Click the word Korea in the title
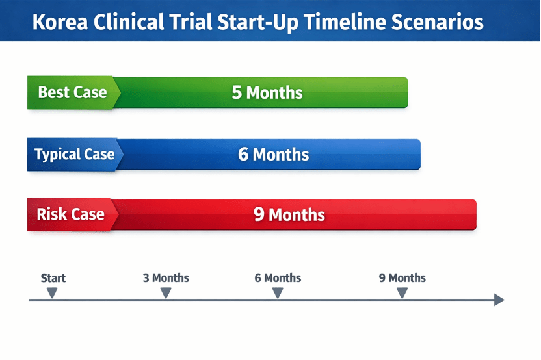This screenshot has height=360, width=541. click(60, 21)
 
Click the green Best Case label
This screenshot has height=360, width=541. click(72, 92)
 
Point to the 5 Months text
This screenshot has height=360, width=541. click(267, 93)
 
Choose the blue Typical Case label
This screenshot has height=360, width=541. click(75, 154)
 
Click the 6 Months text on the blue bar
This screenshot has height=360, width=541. click(273, 154)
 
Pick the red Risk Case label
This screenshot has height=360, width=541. click(70, 214)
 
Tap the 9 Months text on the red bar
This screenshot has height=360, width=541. click(289, 214)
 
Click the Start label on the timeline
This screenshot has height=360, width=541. click(53, 278)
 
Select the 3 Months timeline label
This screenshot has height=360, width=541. click(166, 278)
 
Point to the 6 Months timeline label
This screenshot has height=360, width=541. click(278, 278)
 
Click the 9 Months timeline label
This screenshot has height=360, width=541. click(402, 278)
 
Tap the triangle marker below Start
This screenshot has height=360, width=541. click(52, 293)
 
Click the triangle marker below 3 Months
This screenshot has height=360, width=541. click(166, 293)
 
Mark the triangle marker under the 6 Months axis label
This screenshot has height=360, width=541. click(278, 293)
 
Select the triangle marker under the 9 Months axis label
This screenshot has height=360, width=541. click(402, 293)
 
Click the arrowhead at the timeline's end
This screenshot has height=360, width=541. click(499, 300)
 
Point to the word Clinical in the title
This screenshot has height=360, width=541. click(128, 21)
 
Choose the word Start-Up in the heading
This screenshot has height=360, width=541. click(257, 23)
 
